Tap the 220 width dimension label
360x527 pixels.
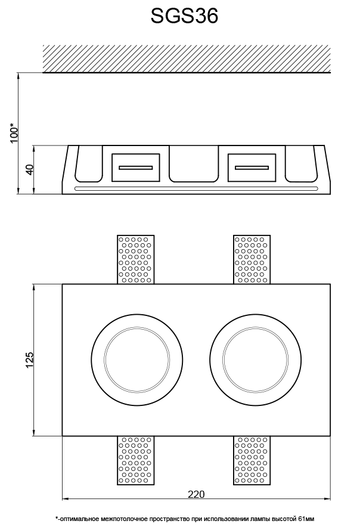[x=196, y=494]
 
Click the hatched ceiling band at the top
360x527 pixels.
[x=187, y=58]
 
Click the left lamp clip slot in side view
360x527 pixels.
[x=136, y=167]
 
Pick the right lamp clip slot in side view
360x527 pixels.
[x=252, y=167]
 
